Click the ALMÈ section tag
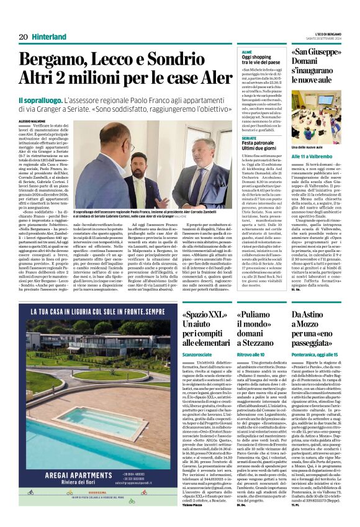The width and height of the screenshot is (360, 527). (246, 52)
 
